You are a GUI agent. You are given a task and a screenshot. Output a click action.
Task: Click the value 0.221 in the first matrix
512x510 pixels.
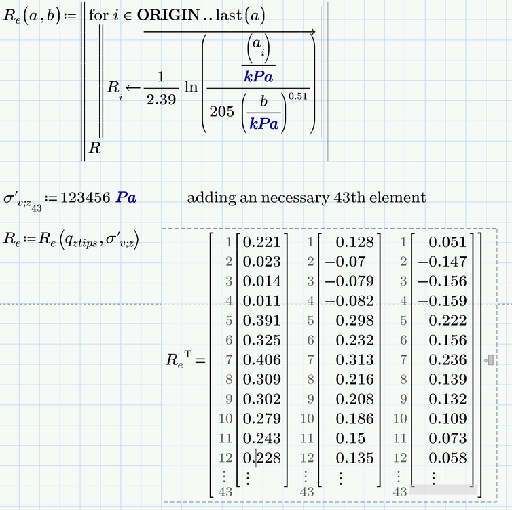pos(261,242)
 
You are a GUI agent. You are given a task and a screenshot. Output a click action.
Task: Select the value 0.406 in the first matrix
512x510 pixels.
pos(261,360)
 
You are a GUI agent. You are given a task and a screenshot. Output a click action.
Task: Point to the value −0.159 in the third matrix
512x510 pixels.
pos(442,301)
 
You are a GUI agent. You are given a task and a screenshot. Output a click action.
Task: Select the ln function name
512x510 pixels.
pos(191,87)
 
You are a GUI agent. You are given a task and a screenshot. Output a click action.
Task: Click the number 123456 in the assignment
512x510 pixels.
pos(86,198)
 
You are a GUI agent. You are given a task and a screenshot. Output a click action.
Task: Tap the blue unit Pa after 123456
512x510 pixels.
pos(126,198)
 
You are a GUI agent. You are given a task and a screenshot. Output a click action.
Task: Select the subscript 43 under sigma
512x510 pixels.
pos(37,209)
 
